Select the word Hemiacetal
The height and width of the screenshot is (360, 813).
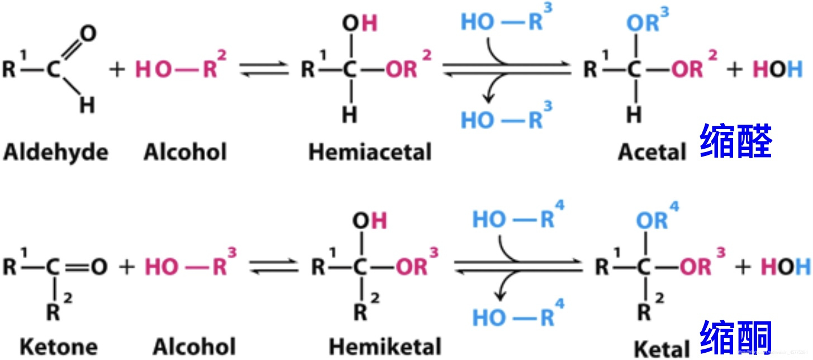click(x=370, y=153)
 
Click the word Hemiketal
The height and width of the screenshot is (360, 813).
click(x=385, y=346)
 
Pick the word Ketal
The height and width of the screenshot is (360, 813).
click(x=662, y=348)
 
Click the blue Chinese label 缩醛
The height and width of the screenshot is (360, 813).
click(x=736, y=143)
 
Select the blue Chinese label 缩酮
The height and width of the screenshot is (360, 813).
click(x=736, y=338)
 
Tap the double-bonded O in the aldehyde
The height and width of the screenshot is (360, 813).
click(x=88, y=34)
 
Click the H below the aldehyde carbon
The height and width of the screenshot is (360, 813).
click(x=86, y=105)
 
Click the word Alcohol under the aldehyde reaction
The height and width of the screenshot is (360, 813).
click(x=185, y=153)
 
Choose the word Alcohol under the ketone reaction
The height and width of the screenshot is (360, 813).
click(x=193, y=346)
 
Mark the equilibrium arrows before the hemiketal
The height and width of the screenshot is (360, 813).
click(x=273, y=267)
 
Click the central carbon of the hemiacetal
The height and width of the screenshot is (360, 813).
click(x=350, y=70)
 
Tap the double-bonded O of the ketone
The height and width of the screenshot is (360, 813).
click(x=98, y=267)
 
